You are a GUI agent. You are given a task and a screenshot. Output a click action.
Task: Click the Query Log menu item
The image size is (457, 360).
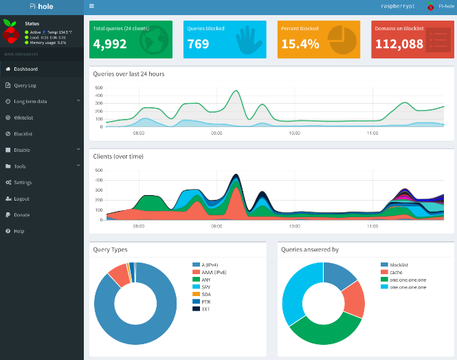(25, 85)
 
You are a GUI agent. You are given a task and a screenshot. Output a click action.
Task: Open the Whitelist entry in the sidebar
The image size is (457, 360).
(23, 117)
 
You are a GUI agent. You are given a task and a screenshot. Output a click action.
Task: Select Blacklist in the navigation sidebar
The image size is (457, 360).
(23, 133)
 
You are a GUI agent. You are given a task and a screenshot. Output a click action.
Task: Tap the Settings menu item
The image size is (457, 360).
(23, 182)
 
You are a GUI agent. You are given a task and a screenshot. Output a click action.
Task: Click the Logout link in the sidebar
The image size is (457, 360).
(21, 199)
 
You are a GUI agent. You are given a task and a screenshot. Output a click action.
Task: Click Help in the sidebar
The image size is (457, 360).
(19, 231)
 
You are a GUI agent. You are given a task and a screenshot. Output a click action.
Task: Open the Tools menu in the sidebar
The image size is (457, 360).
(20, 166)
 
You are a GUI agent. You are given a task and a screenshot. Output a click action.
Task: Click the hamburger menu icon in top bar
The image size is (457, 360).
(91, 5)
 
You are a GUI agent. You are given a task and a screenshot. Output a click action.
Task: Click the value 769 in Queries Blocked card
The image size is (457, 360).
(198, 44)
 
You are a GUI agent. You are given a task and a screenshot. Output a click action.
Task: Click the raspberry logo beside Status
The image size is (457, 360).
(10, 32)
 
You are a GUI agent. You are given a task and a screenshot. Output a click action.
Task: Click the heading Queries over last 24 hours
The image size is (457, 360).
(129, 74)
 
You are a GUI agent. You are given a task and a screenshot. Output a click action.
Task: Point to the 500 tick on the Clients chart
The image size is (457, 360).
(98, 170)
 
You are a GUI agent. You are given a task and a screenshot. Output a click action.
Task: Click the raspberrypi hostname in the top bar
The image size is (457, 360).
(399, 5)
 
